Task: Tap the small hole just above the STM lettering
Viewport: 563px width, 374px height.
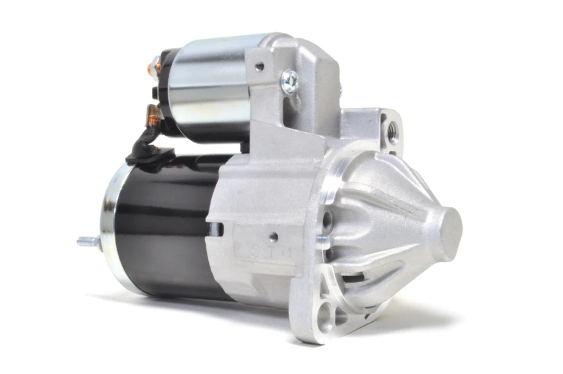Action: [273, 238]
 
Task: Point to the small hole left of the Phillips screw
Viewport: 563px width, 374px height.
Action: [260, 67]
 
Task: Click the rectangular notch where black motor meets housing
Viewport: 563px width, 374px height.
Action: [216, 228]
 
